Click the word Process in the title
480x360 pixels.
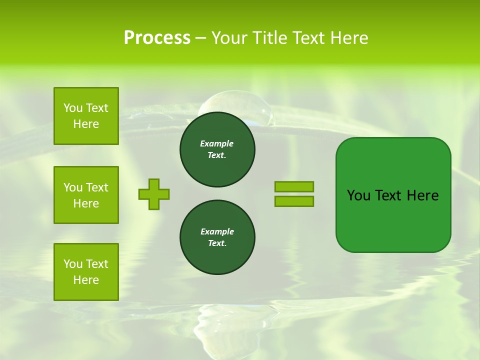(157, 38)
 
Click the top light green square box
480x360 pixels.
(86, 116)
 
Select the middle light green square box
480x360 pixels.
(86, 195)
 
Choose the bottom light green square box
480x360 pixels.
(86, 272)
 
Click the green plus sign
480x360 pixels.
(154, 194)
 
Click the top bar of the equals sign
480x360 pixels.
(294, 186)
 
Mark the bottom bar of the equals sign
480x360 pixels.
(294, 201)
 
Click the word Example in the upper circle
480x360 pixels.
(216, 143)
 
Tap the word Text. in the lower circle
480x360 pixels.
(217, 243)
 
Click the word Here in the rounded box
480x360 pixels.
(422, 195)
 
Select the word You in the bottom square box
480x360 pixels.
(73, 264)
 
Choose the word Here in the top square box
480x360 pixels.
(86, 124)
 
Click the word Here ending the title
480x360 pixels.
(350, 38)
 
